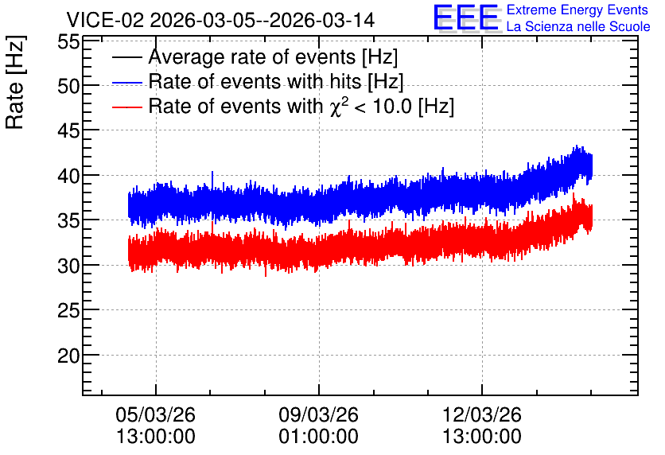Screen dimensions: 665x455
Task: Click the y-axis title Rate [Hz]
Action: click(x=15, y=82)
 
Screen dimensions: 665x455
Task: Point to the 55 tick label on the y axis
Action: click(x=68, y=42)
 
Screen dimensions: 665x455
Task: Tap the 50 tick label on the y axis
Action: click(x=68, y=87)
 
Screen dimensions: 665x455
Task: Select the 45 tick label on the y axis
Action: click(x=68, y=131)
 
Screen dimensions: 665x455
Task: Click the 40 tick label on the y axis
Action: click(x=68, y=176)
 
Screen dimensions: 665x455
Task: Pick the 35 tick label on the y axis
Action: click(x=68, y=220)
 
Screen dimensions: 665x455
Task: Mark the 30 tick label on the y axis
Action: click(x=68, y=266)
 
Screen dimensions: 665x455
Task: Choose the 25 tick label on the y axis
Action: click(x=68, y=311)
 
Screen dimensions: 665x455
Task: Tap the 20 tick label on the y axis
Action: click(x=68, y=356)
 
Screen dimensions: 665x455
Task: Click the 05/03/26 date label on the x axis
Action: click(x=156, y=414)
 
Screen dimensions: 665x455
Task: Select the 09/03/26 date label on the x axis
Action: click(x=318, y=414)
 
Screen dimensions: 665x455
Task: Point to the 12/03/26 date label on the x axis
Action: click(x=482, y=414)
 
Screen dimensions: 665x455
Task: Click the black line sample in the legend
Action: click(x=127, y=57)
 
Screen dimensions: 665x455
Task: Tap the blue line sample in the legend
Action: click(x=127, y=82)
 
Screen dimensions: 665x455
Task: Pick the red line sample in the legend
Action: click(x=127, y=107)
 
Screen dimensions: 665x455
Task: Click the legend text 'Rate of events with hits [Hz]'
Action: click(x=276, y=81)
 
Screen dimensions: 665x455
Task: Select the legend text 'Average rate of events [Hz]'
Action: click(x=273, y=56)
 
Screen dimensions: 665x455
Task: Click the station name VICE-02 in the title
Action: click(x=106, y=20)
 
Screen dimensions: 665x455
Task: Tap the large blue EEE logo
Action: click(x=466, y=17)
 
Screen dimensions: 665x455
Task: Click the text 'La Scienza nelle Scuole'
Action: click(x=578, y=27)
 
